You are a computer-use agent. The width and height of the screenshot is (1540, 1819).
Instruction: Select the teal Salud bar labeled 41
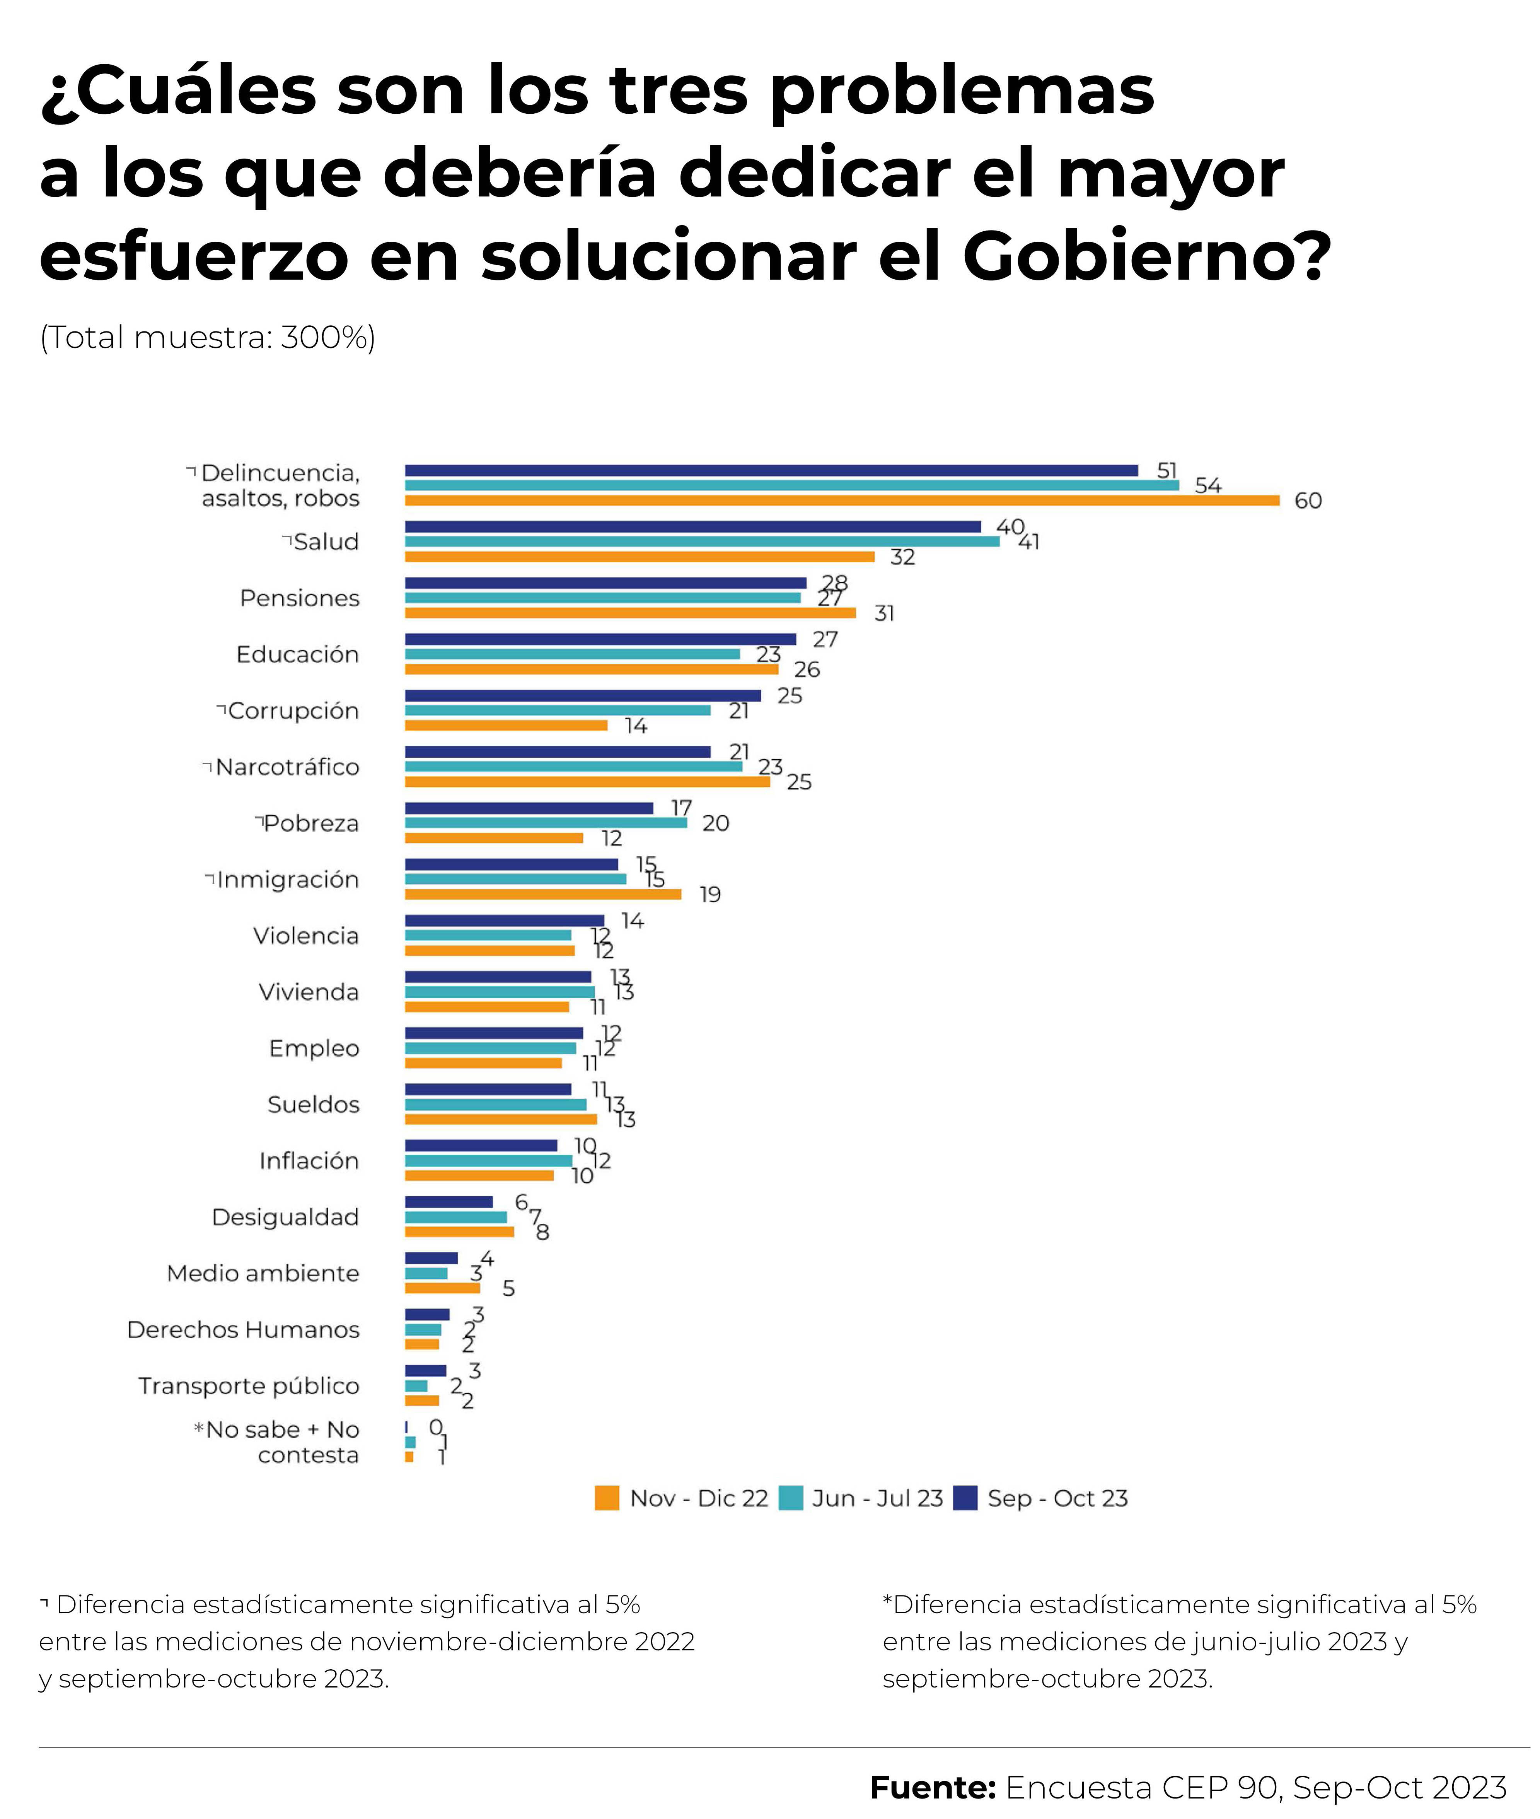[x=702, y=541]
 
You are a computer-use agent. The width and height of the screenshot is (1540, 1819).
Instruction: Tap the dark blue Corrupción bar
[x=582, y=696]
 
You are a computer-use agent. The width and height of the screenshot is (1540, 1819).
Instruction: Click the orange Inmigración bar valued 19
[x=542, y=894]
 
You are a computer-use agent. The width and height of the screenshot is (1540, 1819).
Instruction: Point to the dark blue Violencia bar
[x=504, y=921]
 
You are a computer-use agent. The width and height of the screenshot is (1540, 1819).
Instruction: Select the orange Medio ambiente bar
[x=442, y=1288]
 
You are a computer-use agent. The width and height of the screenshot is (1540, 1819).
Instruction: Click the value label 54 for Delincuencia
[x=1207, y=485]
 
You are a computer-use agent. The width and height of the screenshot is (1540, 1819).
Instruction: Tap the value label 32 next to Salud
[x=902, y=557]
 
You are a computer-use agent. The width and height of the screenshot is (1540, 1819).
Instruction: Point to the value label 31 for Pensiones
[x=884, y=614]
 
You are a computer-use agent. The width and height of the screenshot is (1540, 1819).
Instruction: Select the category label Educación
[x=297, y=655]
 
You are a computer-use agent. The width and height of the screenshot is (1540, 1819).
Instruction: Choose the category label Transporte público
[x=249, y=1386]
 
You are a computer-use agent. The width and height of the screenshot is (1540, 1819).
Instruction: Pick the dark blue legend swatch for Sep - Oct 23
[x=965, y=1498]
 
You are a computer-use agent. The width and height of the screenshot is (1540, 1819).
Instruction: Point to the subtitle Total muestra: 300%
[x=208, y=337]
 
